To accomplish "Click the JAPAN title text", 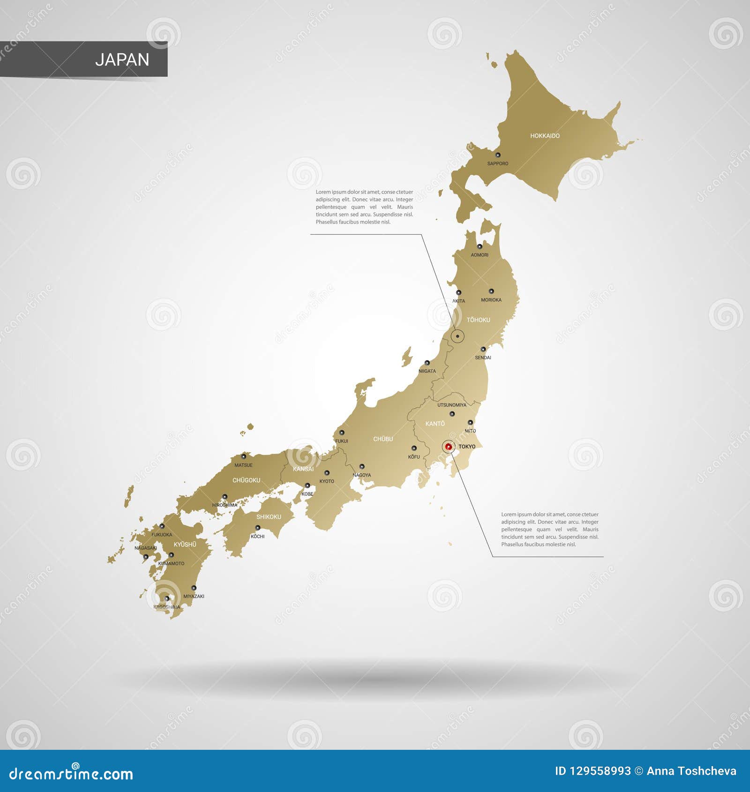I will click(122, 60).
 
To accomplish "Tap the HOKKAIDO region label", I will click(545, 136).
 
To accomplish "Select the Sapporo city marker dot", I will click(498, 155).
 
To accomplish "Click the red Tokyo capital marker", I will click(449, 447).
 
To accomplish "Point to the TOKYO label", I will click(467, 447).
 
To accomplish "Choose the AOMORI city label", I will click(480, 255).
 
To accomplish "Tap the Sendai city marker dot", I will click(483, 349).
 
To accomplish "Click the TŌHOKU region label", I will click(478, 320).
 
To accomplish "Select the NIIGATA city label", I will click(427, 371).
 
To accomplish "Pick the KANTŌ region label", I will click(435, 424).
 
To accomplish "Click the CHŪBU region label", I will click(383, 439).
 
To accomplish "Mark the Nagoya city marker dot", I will click(362, 466).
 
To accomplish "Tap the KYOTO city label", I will click(327, 481).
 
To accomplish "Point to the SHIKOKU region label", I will click(269, 517).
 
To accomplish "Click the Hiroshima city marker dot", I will click(225, 496).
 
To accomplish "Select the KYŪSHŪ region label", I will click(185, 545).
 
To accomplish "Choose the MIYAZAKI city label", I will click(194, 597).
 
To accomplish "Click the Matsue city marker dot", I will click(243, 456).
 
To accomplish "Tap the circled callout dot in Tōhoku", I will click(457, 336).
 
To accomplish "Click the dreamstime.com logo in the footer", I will click(71, 774).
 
